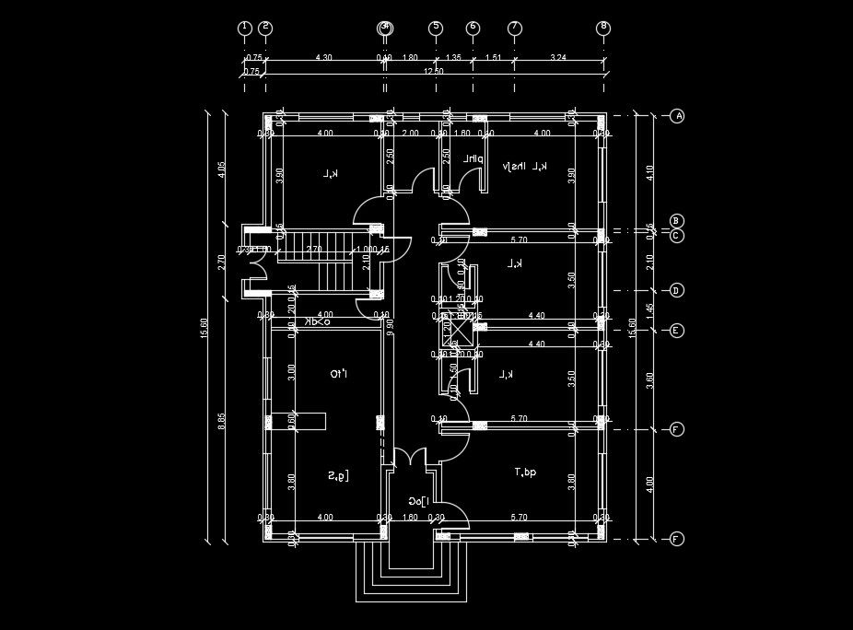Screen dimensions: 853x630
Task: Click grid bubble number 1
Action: [244, 28]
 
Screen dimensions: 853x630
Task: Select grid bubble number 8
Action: [603, 28]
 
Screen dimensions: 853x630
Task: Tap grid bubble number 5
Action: [436, 28]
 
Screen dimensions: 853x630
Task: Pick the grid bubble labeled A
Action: [677, 116]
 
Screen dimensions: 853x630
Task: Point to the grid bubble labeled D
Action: [677, 291]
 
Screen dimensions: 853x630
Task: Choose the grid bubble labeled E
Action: [677, 331]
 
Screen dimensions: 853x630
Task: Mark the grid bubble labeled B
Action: [677, 221]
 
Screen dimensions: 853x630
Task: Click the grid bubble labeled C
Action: [677, 236]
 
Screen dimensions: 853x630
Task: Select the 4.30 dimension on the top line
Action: [323, 58]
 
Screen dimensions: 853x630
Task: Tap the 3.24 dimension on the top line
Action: [558, 58]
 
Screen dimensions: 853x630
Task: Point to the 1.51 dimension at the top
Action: [493, 58]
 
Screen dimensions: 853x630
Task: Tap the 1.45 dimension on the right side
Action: [649, 310]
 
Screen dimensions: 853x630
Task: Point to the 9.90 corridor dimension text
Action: [391, 325]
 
